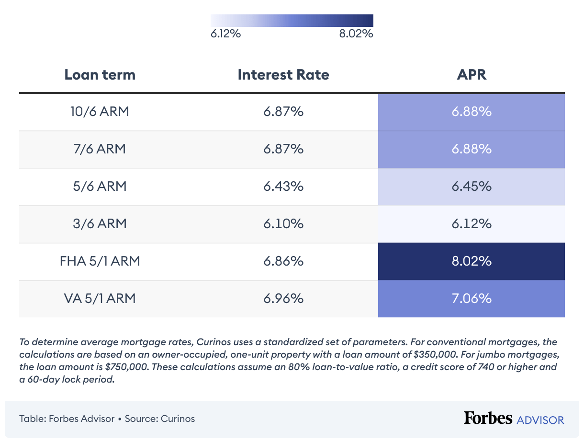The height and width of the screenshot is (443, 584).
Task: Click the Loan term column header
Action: tap(100, 75)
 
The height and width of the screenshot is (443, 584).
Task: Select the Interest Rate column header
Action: tap(283, 75)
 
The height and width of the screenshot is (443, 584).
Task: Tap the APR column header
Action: tap(471, 75)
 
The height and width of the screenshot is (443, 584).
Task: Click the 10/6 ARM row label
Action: tap(100, 112)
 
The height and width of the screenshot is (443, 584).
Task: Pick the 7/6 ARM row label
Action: tap(100, 149)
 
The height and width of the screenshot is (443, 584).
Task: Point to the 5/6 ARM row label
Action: tap(100, 187)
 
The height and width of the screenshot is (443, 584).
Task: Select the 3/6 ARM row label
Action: tap(100, 224)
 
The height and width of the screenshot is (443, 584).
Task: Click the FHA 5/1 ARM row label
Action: tap(100, 261)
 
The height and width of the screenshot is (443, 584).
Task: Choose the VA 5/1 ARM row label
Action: tap(100, 299)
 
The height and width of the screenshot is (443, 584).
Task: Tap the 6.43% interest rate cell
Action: tap(283, 187)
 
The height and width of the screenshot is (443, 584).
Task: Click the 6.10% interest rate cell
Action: tap(283, 224)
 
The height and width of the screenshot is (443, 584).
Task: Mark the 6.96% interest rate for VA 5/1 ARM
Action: tap(283, 299)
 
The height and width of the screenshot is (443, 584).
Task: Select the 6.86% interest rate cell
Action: tap(283, 261)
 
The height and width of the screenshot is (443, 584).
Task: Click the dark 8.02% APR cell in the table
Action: tap(471, 261)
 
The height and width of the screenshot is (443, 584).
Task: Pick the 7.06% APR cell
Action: tap(471, 299)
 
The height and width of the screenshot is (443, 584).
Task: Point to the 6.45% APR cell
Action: tap(471, 187)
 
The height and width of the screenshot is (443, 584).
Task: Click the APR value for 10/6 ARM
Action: tap(471, 112)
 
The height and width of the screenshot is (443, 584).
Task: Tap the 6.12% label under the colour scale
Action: tap(225, 35)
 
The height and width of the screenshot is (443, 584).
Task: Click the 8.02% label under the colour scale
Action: tap(356, 35)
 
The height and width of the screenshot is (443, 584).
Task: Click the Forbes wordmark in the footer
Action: tap(488, 418)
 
